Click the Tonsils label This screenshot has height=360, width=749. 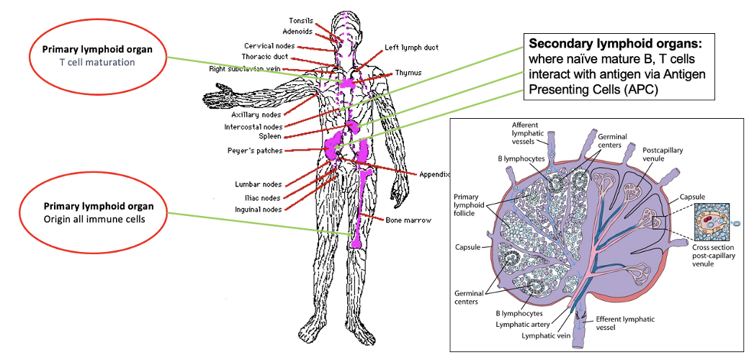301,21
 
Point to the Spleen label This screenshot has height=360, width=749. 270,136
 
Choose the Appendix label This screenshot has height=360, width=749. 434,174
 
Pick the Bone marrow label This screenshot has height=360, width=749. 408,220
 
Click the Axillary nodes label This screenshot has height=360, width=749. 256,114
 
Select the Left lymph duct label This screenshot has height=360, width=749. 411,48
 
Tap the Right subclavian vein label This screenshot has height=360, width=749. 245,69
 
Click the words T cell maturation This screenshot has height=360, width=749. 97,62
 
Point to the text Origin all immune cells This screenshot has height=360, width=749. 97,219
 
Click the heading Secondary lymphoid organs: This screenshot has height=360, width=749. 615,44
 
